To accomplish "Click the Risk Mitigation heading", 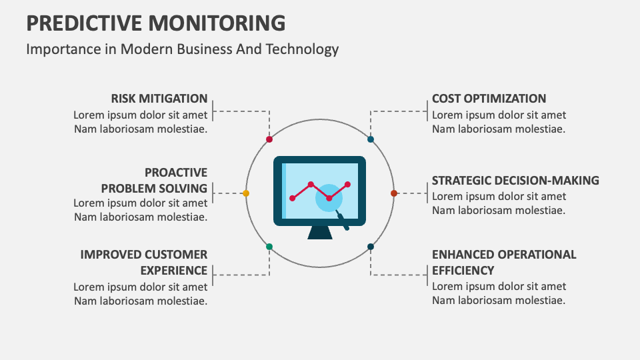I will point(159,99).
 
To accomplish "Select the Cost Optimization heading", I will point(489,99).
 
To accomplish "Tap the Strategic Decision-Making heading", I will point(515,181).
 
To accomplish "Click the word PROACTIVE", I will point(176,173).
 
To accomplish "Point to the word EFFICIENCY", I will point(463,271).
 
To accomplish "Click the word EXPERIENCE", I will point(173,271).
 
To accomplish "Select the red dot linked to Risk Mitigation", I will point(269,139).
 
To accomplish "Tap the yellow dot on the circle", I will point(246,193).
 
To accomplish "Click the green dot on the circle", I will point(269,247).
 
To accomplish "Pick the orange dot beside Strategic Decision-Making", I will point(393,193).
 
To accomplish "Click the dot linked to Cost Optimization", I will point(371,139).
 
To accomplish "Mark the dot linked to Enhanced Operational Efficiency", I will point(371,247).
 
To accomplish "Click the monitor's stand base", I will point(320,233).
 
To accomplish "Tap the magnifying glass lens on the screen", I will point(329,198).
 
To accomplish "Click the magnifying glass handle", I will point(343,221).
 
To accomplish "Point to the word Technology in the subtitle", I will point(307,49).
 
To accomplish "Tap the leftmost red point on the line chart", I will point(292,198).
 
